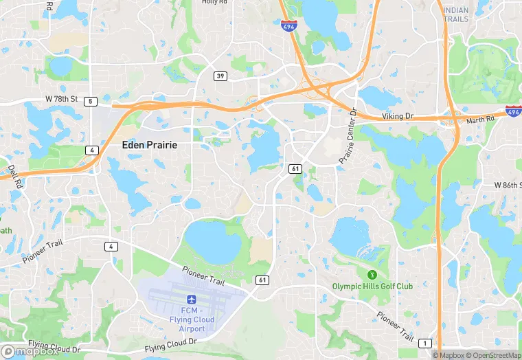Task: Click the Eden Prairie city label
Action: coord(149,145)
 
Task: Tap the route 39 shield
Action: coord(220,76)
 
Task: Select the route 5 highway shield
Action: coord(91,102)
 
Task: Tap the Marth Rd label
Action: coord(481,119)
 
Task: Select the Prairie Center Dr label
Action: coord(348,136)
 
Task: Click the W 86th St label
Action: coord(500,186)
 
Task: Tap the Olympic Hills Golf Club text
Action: coord(372,286)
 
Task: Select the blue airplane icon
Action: coord(191,300)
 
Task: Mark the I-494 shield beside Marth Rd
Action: coord(512,111)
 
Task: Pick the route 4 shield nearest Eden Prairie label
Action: coord(91,150)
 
